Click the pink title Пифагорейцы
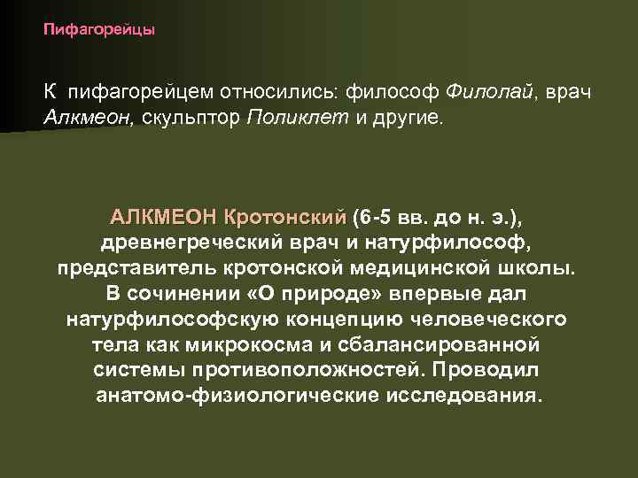(x=99, y=30)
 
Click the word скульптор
(x=189, y=119)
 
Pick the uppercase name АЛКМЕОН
(x=164, y=217)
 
